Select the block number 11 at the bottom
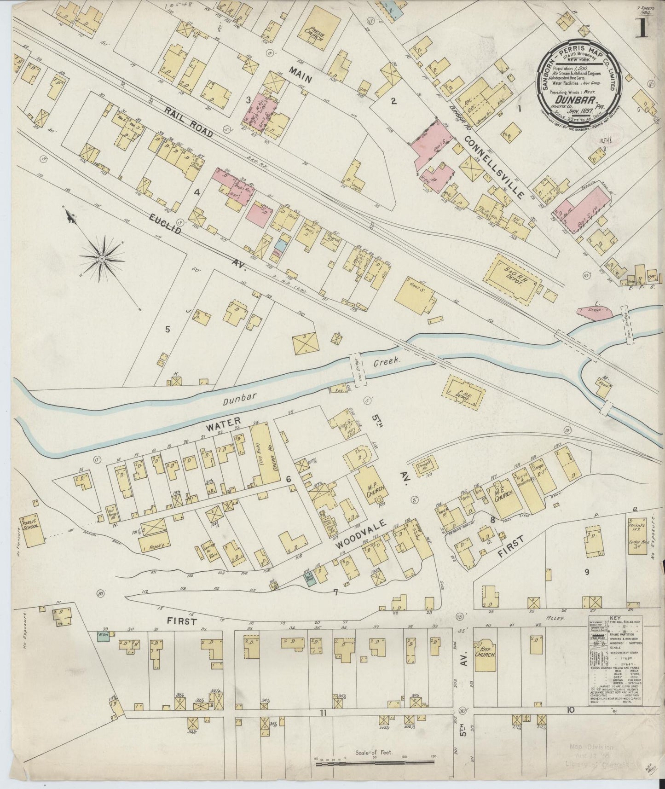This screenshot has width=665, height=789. point(324,700)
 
